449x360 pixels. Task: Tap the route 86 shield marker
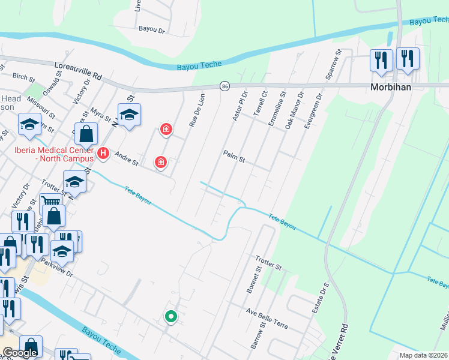coord(224,86)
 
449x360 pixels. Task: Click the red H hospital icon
coord(103,154)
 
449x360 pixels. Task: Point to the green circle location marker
coord(170,316)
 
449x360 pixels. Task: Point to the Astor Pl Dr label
coord(240,105)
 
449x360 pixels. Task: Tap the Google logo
coord(20,353)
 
